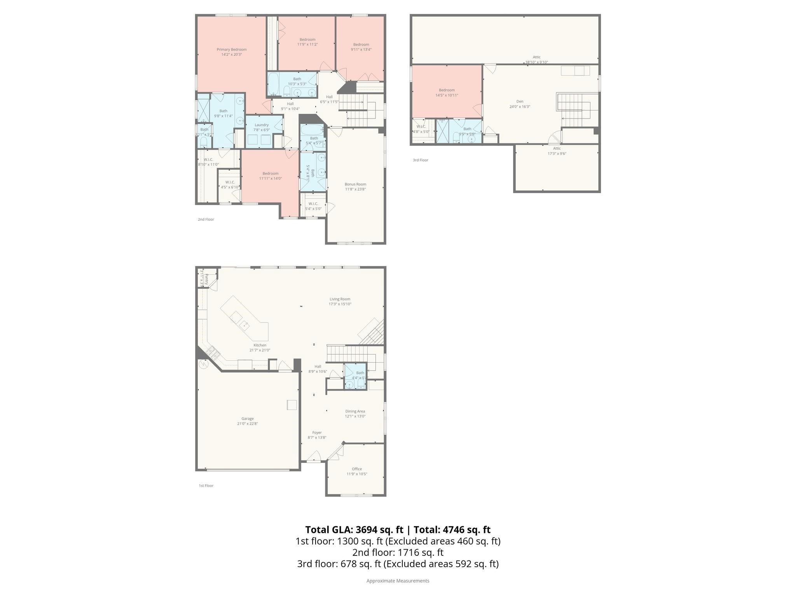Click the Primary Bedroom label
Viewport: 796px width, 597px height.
point(231,52)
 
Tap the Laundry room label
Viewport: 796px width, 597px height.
point(262,127)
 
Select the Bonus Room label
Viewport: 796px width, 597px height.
point(355,187)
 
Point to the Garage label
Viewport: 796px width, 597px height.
point(248,421)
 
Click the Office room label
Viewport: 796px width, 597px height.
point(357,471)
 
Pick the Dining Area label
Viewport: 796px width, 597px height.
point(355,414)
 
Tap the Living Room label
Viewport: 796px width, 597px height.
point(340,301)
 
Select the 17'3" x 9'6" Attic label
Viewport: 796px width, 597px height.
point(557,151)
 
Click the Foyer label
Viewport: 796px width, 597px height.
point(317,435)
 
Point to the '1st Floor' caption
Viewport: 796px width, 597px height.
point(206,485)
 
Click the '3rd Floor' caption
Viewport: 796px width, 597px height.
point(420,160)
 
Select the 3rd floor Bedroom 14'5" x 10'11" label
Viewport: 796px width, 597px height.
point(447,93)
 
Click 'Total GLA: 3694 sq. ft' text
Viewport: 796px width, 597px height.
point(354,530)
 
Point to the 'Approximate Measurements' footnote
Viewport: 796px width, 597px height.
point(398,581)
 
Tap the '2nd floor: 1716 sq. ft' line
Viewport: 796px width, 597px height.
point(398,552)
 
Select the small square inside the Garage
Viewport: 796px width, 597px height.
point(292,405)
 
